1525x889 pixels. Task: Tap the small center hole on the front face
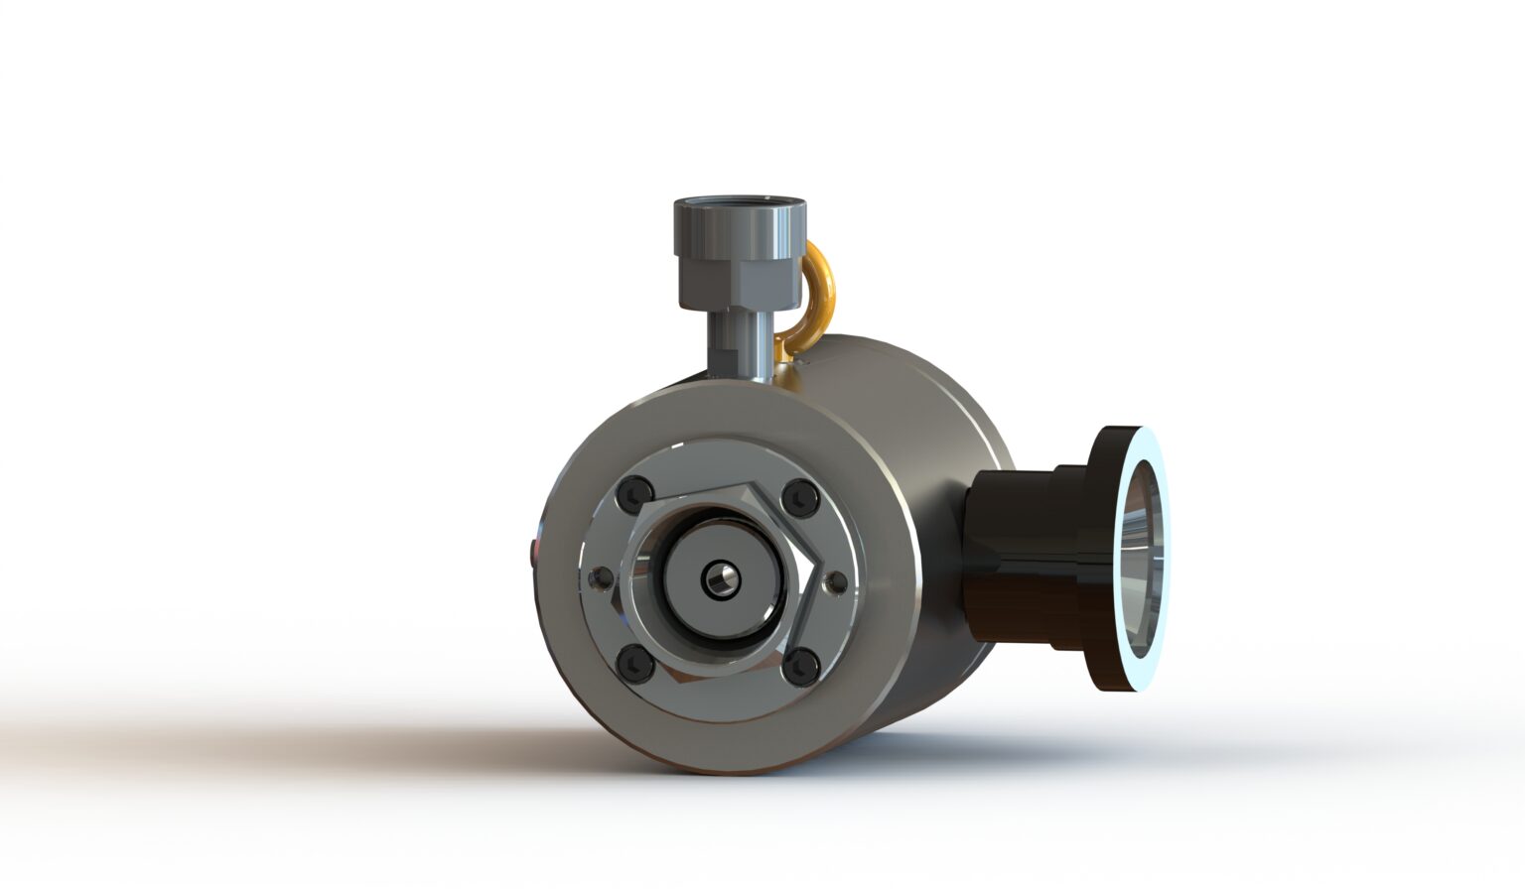718,581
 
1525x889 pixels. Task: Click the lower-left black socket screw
633,662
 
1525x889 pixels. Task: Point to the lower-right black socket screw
799,666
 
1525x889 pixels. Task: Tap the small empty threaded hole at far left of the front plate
599,577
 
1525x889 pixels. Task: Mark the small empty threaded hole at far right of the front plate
838,582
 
